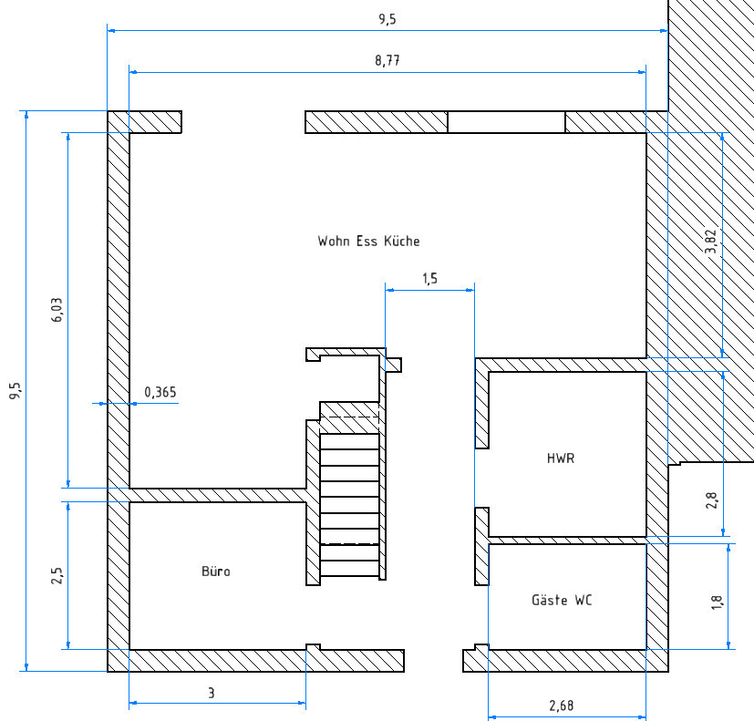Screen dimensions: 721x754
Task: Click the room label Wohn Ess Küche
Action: click(x=368, y=242)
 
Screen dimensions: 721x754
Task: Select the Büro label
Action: click(x=216, y=572)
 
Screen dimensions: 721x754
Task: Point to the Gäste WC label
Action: click(x=563, y=601)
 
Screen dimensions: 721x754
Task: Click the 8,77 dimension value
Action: click(x=387, y=61)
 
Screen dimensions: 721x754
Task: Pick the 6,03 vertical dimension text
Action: click(x=57, y=310)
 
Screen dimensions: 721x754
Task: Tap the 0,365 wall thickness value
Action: click(x=160, y=393)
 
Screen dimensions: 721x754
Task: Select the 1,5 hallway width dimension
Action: click(x=429, y=279)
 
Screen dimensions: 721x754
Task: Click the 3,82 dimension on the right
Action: click(x=712, y=244)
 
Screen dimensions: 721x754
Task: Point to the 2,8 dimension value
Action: click(x=712, y=500)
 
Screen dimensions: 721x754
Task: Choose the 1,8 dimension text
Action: click(x=717, y=602)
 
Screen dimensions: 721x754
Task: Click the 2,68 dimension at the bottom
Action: click(x=562, y=706)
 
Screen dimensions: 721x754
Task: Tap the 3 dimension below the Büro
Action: click(x=212, y=694)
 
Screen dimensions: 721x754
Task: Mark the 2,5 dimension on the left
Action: click(x=57, y=575)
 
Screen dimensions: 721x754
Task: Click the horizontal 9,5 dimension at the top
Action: click(x=387, y=19)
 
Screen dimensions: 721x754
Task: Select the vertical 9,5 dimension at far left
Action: click(x=15, y=391)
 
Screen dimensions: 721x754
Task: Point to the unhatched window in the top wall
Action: click(x=506, y=122)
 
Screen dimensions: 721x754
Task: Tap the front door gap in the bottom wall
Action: click(x=434, y=661)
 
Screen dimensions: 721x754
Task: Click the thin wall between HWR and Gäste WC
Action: click(x=567, y=540)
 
